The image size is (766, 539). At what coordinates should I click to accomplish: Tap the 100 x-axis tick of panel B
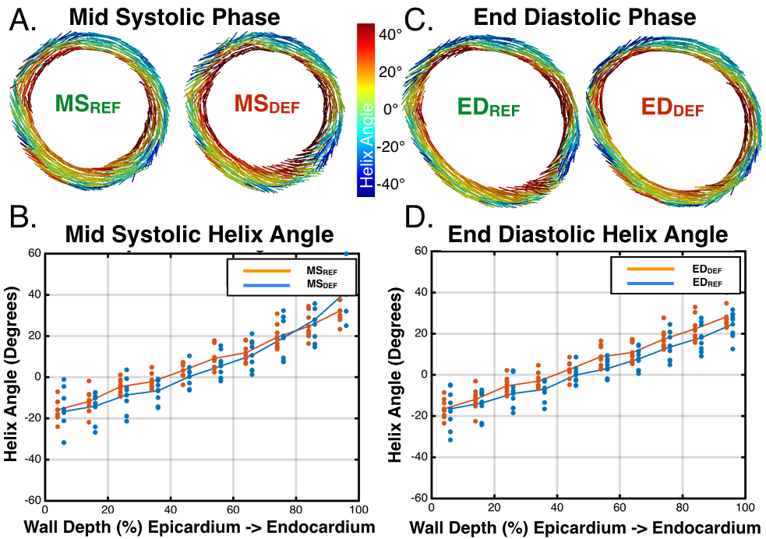(358, 509)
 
